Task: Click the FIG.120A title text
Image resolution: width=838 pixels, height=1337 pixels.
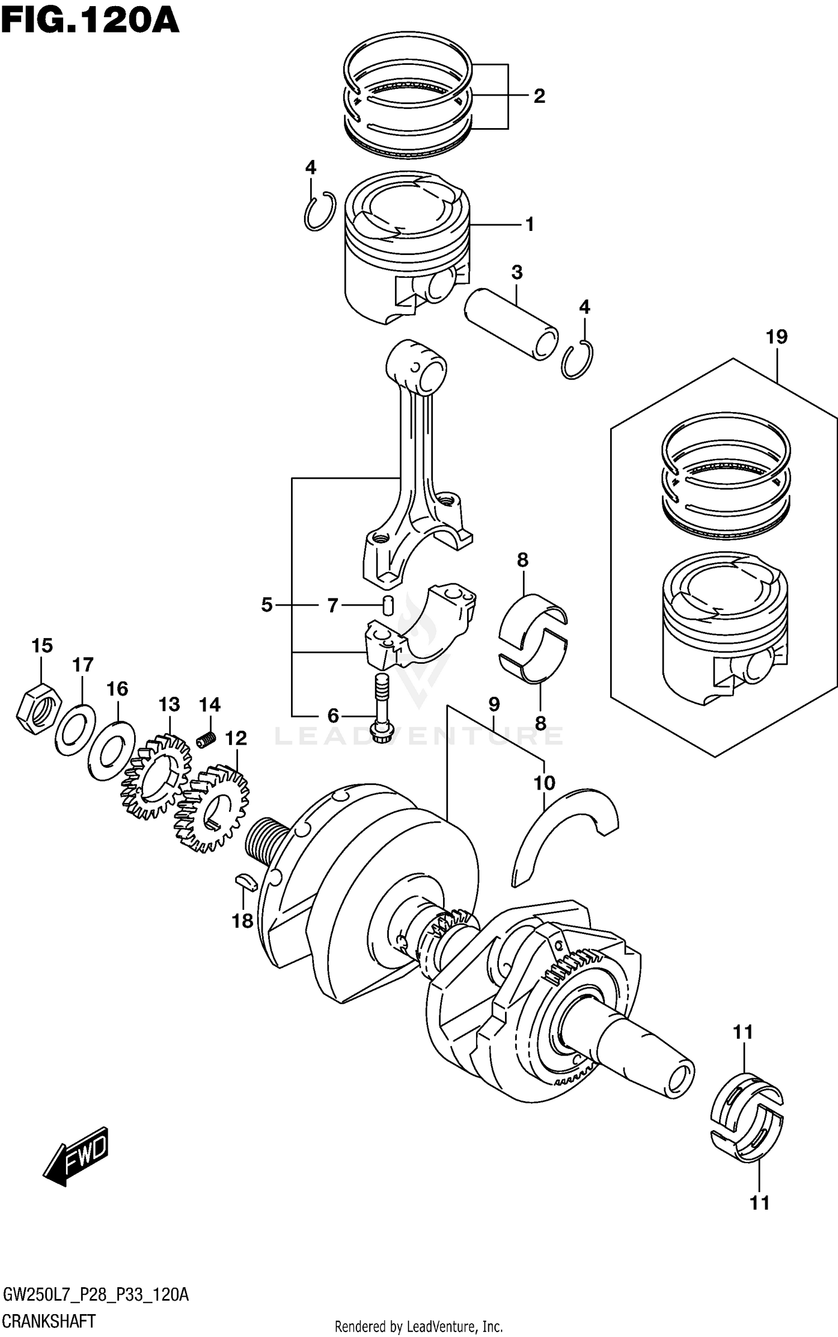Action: (89, 21)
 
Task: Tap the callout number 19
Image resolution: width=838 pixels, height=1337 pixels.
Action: (776, 337)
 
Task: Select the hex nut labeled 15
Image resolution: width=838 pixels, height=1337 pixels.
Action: (38, 708)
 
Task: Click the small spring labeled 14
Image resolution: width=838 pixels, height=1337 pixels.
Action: (207, 739)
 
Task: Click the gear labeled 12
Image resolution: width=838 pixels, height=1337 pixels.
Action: (212, 811)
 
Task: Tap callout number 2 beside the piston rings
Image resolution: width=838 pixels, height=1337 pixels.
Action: (539, 96)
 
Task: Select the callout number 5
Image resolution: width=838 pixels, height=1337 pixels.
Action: (266, 605)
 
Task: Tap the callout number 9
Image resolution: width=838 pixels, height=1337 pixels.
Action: (494, 704)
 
